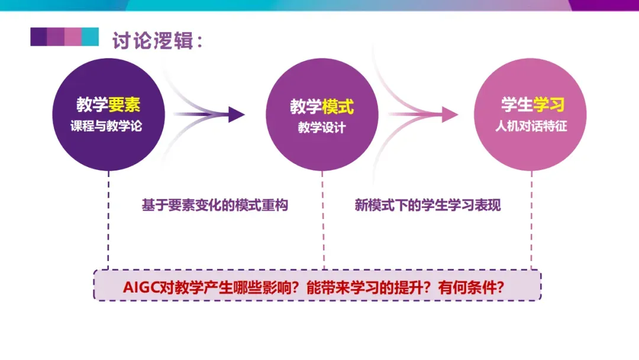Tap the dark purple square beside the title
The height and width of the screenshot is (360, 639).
pos(38,37)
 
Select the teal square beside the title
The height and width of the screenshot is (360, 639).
pos(90,37)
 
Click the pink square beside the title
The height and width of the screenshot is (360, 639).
pos(73,37)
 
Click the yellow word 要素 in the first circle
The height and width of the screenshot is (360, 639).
pos(124,105)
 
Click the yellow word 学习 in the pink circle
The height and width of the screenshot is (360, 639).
pos(548,105)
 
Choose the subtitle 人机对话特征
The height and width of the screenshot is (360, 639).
pos(531,126)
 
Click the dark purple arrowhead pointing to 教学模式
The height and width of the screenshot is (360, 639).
pos(236,114)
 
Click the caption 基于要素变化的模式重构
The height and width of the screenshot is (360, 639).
pos(215,205)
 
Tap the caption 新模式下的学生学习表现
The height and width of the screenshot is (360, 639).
pos(428,205)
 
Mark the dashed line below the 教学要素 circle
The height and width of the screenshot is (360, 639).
pos(108,219)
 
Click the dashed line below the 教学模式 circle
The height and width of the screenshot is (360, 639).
pos(323,219)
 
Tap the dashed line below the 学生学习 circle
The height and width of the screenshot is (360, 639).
pos(531,219)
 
